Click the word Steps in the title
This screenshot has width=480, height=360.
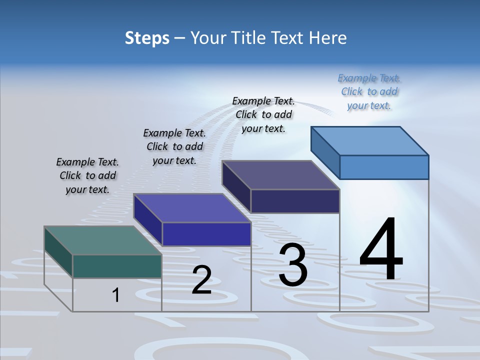point(147,38)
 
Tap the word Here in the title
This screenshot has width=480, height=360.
point(327,38)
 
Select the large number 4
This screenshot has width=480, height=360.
point(381,250)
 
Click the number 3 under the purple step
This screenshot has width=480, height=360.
point(293,265)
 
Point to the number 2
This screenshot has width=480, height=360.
point(201,280)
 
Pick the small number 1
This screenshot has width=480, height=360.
point(116,295)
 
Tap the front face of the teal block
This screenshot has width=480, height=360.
point(117,266)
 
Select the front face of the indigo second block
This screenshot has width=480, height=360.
point(206,234)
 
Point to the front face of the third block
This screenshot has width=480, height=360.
point(295,201)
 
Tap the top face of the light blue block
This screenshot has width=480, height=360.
point(369,140)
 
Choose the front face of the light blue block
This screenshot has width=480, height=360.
point(384,167)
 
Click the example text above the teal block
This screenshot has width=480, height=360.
point(87,175)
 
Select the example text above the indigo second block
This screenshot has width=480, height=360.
point(174,146)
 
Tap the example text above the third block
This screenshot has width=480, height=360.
point(263,114)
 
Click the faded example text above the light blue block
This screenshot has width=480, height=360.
point(369,91)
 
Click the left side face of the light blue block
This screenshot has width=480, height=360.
point(325,152)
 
